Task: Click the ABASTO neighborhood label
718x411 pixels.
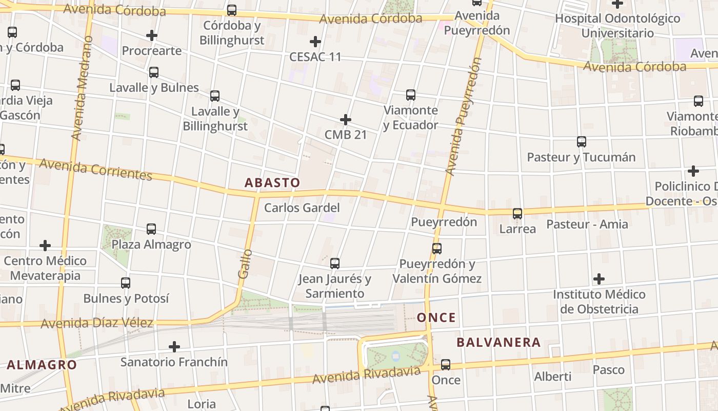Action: tap(272, 182)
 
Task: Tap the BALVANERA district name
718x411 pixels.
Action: tap(498, 342)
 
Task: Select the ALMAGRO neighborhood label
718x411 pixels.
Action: tap(42, 365)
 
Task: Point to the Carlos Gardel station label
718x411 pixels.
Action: tap(302, 208)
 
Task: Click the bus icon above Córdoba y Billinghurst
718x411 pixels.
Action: tap(232, 10)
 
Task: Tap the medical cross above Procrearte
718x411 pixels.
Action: tap(151, 35)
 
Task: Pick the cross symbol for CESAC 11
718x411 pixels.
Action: tap(315, 42)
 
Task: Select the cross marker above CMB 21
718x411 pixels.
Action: tap(346, 120)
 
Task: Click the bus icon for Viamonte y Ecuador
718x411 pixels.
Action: tap(411, 95)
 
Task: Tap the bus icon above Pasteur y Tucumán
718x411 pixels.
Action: tap(581, 142)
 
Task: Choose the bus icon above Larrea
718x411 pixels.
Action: tap(517, 214)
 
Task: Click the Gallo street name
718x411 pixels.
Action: tap(245, 264)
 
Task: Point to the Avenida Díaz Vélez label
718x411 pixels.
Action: tap(97, 323)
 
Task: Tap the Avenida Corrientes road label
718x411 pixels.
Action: tap(95, 169)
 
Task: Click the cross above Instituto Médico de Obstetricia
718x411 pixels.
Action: tap(599, 279)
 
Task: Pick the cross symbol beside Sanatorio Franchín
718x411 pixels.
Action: tap(174, 347)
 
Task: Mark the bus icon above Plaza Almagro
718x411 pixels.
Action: tap(151, 229)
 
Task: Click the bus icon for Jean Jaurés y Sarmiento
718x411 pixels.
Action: tap(335, 264)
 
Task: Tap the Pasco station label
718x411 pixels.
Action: tap(608, 370)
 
